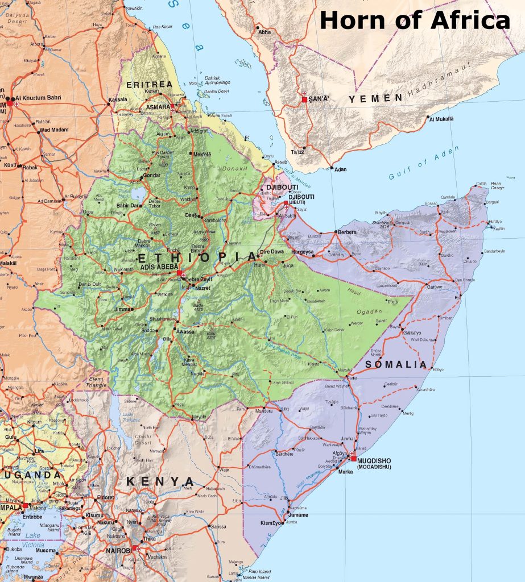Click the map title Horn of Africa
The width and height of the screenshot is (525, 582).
click(x=414, y=20)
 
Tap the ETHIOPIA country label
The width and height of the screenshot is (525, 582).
click(x=197, y=258)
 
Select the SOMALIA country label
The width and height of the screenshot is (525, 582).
click(x=396, y=364)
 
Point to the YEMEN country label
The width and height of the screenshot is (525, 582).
click(x=375, y=98)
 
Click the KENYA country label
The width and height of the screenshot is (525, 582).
click(x=160, y=482)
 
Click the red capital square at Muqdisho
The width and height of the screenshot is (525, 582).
click(x=354, y=458)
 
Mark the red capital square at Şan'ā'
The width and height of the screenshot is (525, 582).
click(x=305, y=99)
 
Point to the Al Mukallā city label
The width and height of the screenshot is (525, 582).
click(x=441, y=119)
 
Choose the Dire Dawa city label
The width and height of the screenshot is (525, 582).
click(x=272, y=251)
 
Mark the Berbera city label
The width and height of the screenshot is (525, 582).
click(x=348, y=232)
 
